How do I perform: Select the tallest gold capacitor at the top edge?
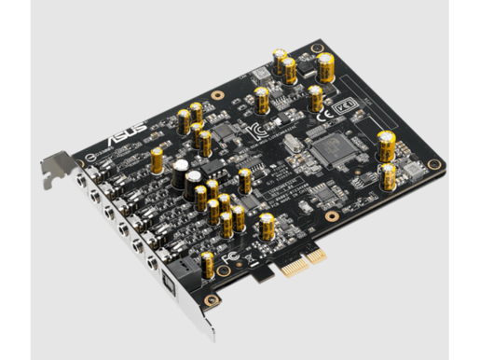pyautogui.click(x=325, y=66)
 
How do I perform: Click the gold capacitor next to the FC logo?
pyautogui.click(x=207, y=264)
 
